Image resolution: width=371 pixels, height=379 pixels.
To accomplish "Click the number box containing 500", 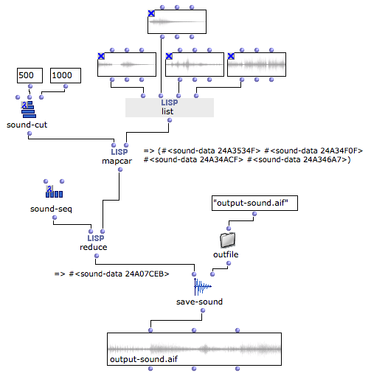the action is [x=30, y=75].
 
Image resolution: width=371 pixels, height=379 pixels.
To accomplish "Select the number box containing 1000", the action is [x=66, y=75].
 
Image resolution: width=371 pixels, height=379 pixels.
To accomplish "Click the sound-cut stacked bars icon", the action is [x=29, y=109].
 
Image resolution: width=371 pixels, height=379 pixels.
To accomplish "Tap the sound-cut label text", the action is [x=27, y=125].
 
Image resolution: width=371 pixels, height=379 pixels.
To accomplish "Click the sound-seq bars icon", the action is [x=54, y=192].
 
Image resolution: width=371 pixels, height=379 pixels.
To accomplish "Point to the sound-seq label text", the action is [x=51, y=209].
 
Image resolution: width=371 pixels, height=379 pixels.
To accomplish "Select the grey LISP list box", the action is [x=170, y=108].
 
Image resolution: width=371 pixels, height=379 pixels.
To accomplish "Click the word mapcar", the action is [x=117, y=161].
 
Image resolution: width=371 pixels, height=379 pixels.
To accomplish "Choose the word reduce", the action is [x=94, y=247].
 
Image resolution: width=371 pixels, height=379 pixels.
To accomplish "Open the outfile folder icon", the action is [x=227, y=240].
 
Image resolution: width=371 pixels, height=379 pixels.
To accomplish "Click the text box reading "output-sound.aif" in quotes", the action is [x=254, y=203].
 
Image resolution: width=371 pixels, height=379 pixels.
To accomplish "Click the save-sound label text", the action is [x=199, y=302].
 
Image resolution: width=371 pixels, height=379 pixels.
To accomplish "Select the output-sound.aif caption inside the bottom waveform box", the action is [x=144, y=359].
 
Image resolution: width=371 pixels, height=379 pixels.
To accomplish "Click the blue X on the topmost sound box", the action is [x=151, y=13].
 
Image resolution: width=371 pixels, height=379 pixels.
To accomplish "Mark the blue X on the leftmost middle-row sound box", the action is [x=101, y=56].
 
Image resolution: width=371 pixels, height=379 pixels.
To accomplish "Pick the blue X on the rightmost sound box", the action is [x=231, y=56].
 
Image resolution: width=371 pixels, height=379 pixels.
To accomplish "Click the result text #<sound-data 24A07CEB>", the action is [x=119, y=274].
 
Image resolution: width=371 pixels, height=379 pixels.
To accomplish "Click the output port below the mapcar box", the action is [x=120, y=170].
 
